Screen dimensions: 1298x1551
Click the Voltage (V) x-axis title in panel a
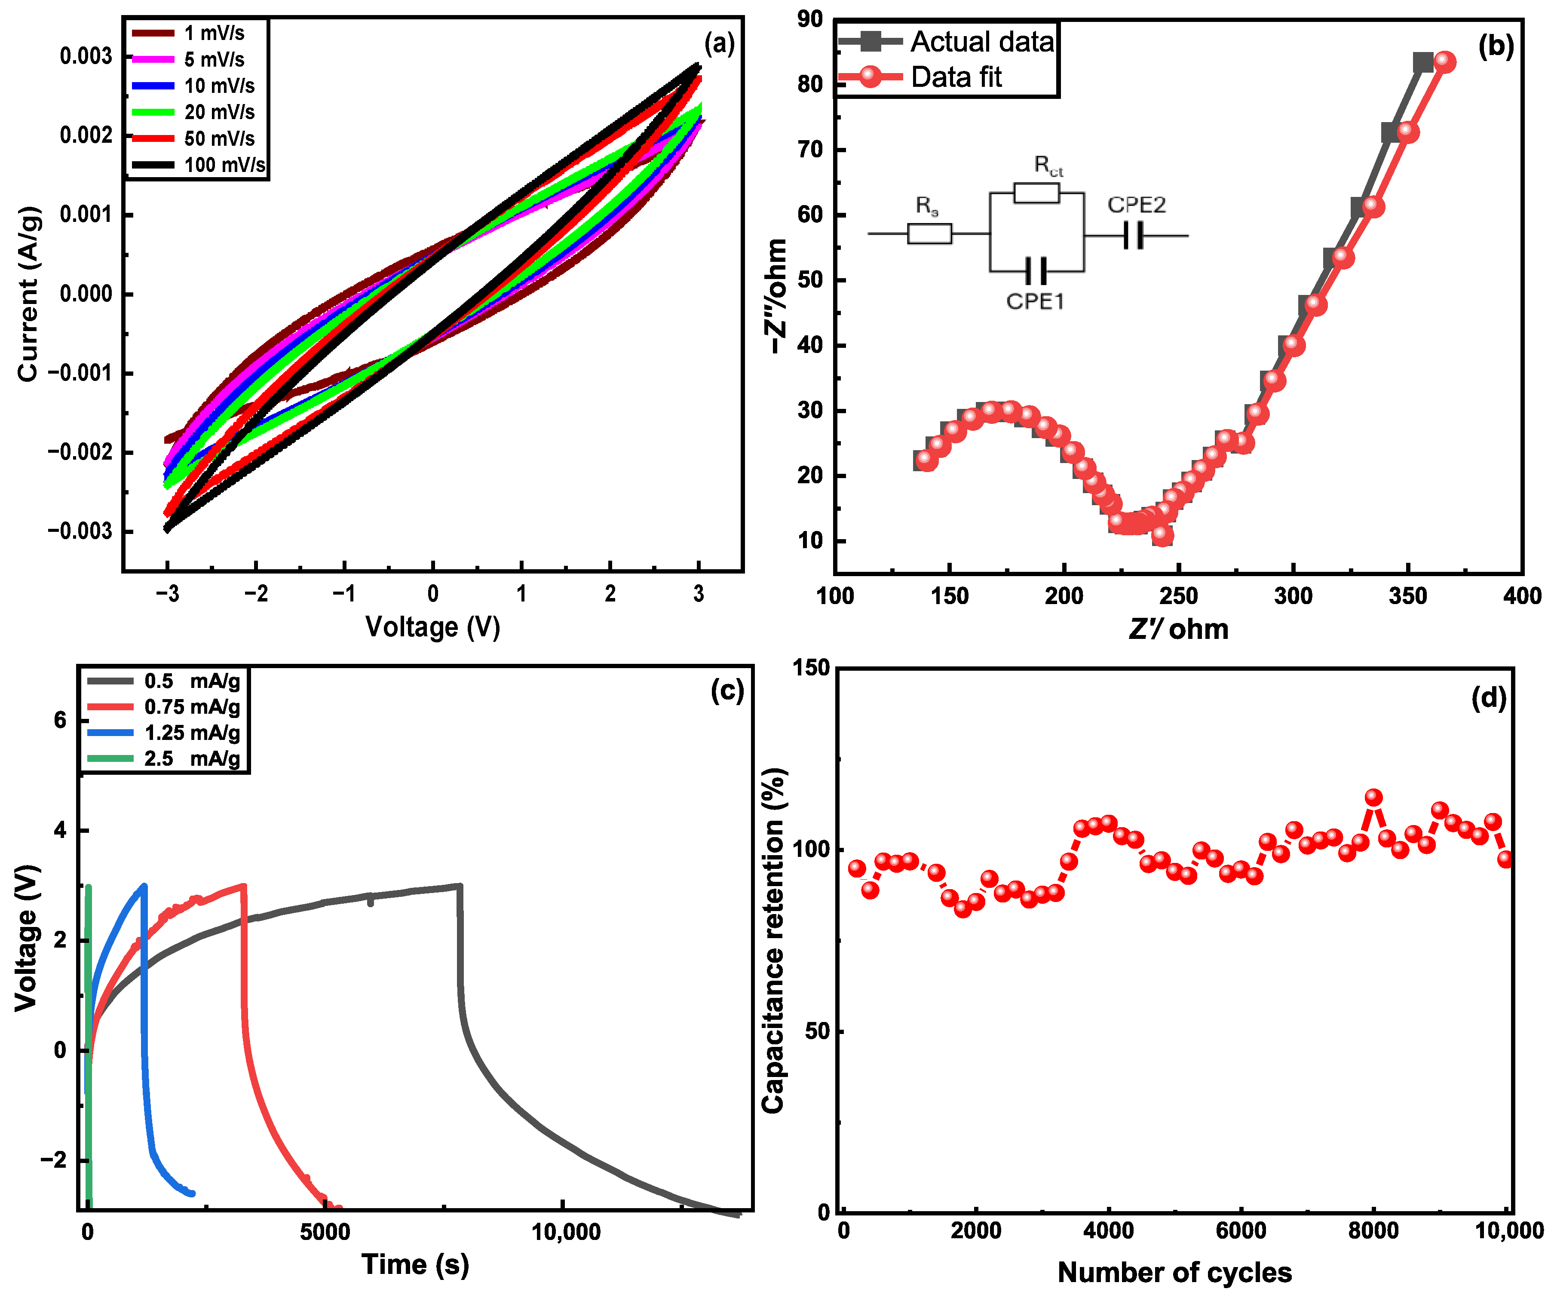pyautogui.click(x=433, y=627)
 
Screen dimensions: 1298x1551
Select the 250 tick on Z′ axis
pyautogui.click(x=1179, y=595)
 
